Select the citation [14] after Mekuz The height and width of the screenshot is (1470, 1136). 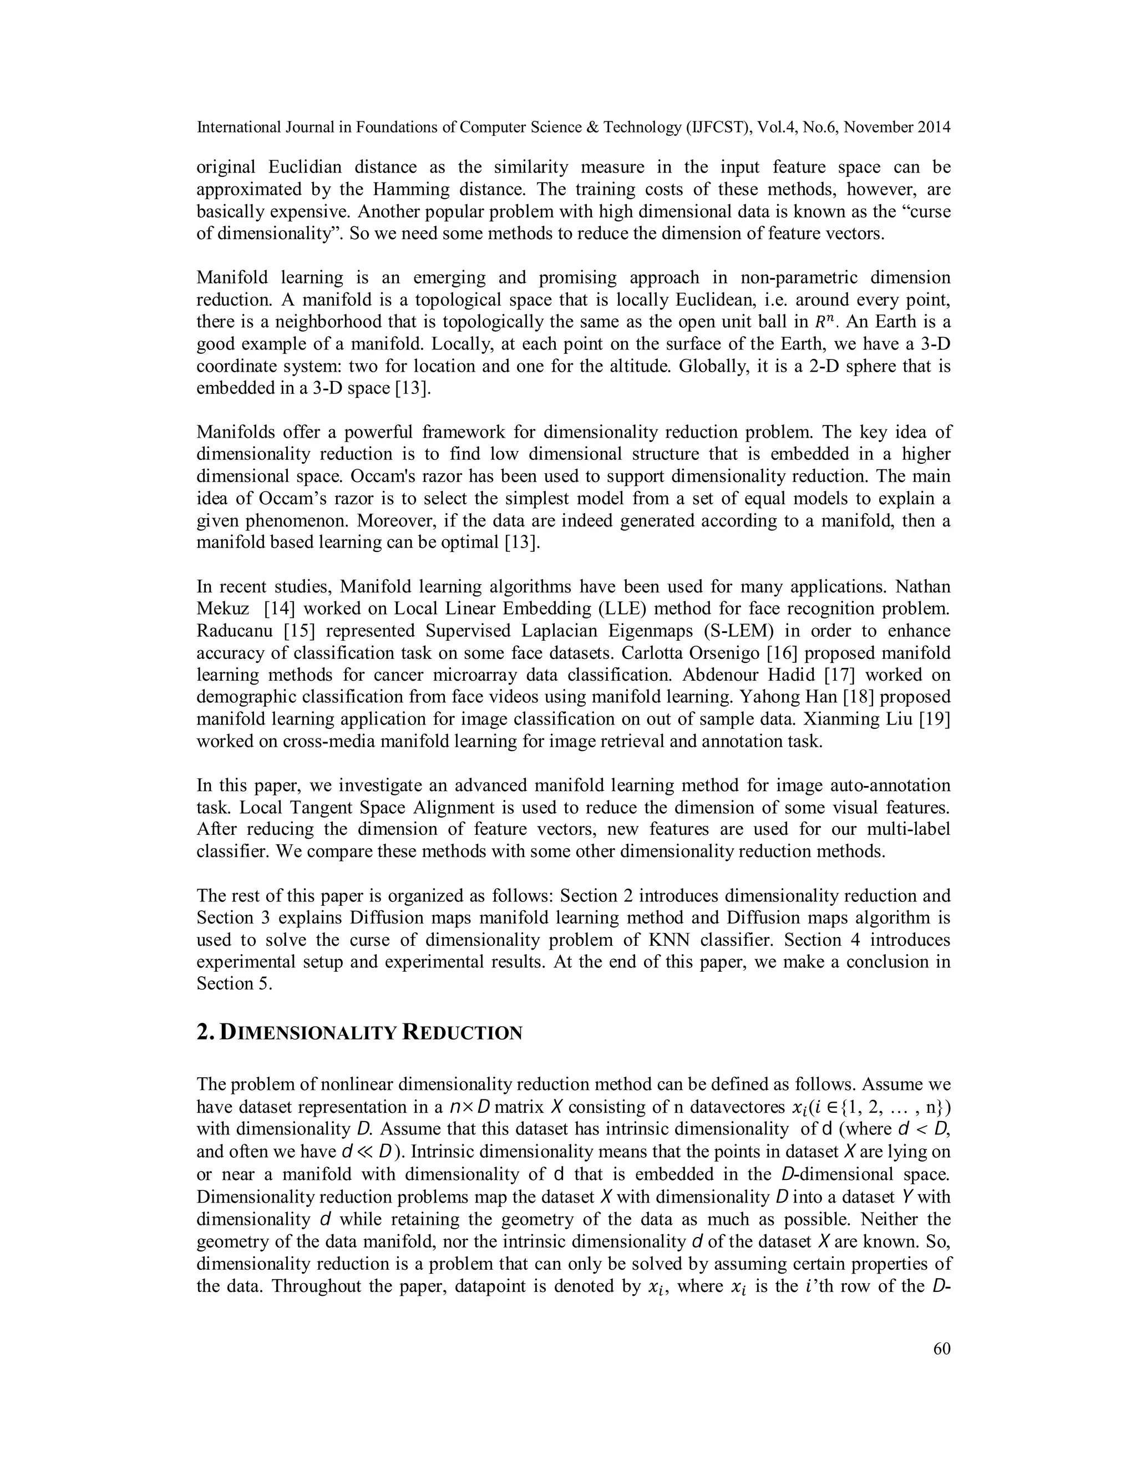277,609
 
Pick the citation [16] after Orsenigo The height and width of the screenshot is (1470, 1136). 801,653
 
